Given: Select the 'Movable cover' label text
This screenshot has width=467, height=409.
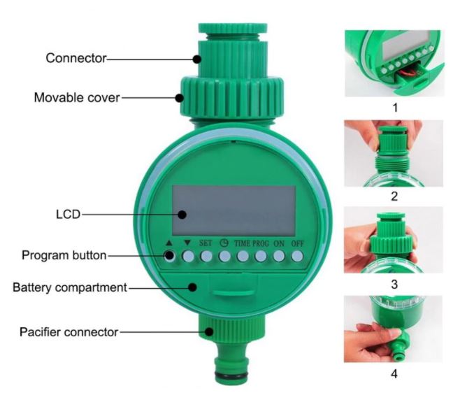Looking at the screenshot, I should click(x=77, y=98).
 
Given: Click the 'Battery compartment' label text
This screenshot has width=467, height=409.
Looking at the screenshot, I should click(x=69, y=287).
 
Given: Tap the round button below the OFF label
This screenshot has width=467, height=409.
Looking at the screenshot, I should click(x=298, y=257).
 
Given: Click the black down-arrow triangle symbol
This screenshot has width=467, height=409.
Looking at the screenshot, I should click(x=187, y=242).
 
